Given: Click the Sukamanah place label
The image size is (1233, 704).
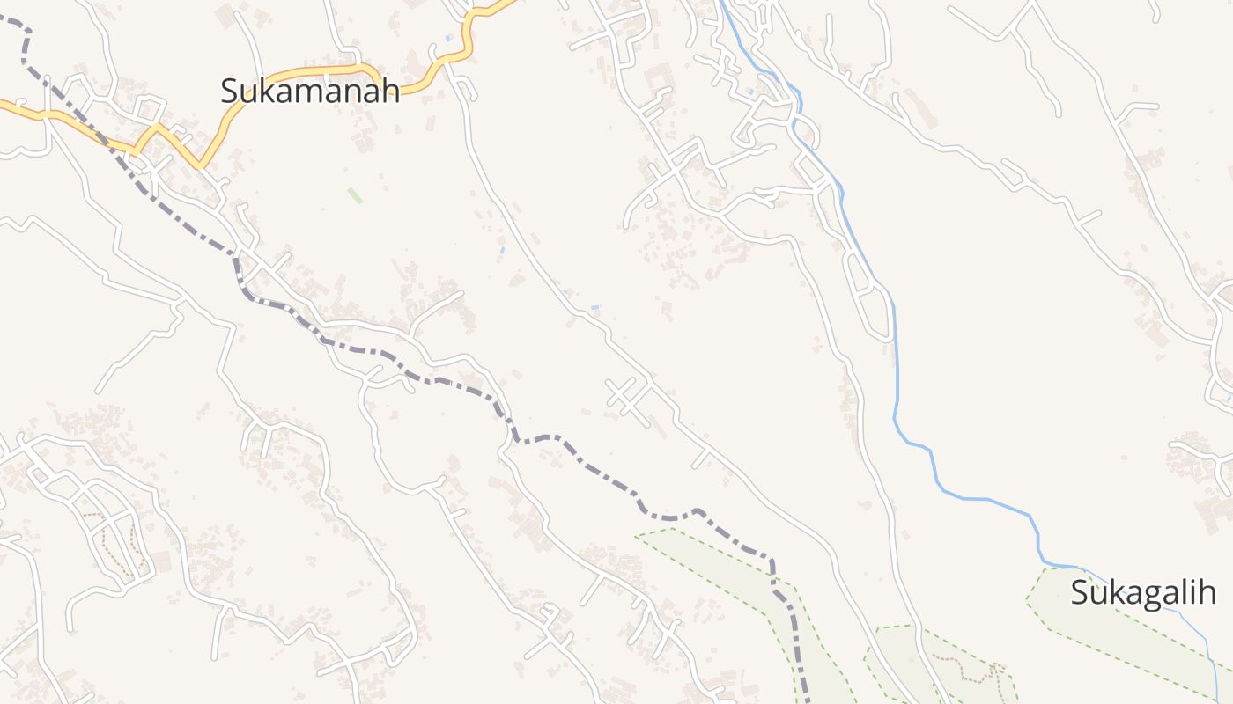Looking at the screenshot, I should click(x=310, y=90).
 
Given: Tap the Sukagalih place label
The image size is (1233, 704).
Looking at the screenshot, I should click(x=1142, y=592).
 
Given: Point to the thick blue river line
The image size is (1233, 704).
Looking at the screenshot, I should click(x=896, y=370).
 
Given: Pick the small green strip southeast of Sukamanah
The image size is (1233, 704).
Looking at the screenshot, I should click(x=355, y=195).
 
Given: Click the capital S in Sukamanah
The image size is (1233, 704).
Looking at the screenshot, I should click(x=230, y=90).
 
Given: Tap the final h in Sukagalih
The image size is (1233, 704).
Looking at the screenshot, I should click(x=1207, y=592).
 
